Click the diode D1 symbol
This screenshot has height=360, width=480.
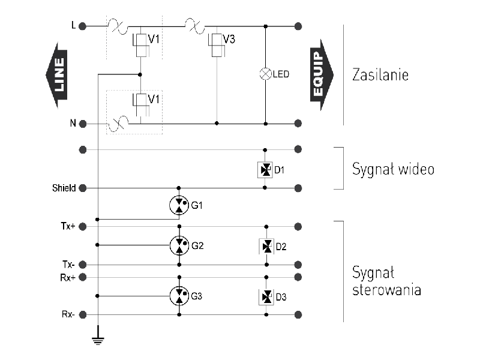tap(265, 170)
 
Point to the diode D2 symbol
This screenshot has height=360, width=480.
tap(265, 246)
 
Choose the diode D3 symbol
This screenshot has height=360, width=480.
tap(265, 296)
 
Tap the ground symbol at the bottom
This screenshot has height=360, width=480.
tap(97, 341)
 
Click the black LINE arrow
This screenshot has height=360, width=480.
tap(58, 74)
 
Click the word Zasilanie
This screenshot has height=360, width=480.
tap(380, 76)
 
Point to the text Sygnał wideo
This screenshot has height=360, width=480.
tap(393, 169)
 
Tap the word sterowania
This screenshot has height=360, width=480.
tap(386, 290)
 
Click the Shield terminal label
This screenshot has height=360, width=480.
tap(64, 188)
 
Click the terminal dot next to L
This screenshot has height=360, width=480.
tap(83, 26)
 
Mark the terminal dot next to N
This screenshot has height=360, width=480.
tap(83, 124)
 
